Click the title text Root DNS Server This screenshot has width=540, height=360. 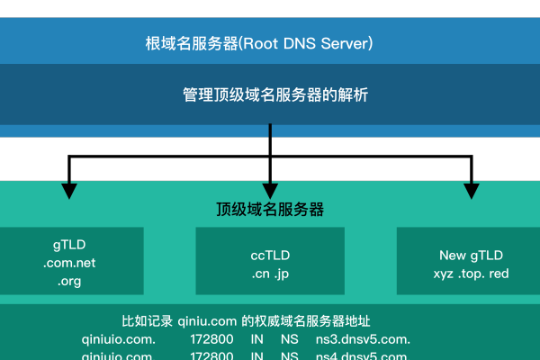point(259,43)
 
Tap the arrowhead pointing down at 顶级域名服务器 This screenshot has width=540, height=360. point(270,189)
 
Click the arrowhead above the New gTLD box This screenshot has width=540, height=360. point(470,189)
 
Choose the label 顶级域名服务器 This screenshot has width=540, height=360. point(270,210)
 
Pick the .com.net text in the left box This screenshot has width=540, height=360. point(69,263)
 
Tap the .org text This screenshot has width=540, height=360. point(69,281)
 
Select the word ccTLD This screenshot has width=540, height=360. point(270,255)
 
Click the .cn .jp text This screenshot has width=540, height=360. point(270,274)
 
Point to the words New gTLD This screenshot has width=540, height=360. point(471,255)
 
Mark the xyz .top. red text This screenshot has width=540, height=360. point(471,274)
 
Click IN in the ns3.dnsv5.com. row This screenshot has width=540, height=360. point(258,339)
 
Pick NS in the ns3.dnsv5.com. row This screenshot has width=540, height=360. point(289,339)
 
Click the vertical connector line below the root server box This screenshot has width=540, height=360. point(270,144)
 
